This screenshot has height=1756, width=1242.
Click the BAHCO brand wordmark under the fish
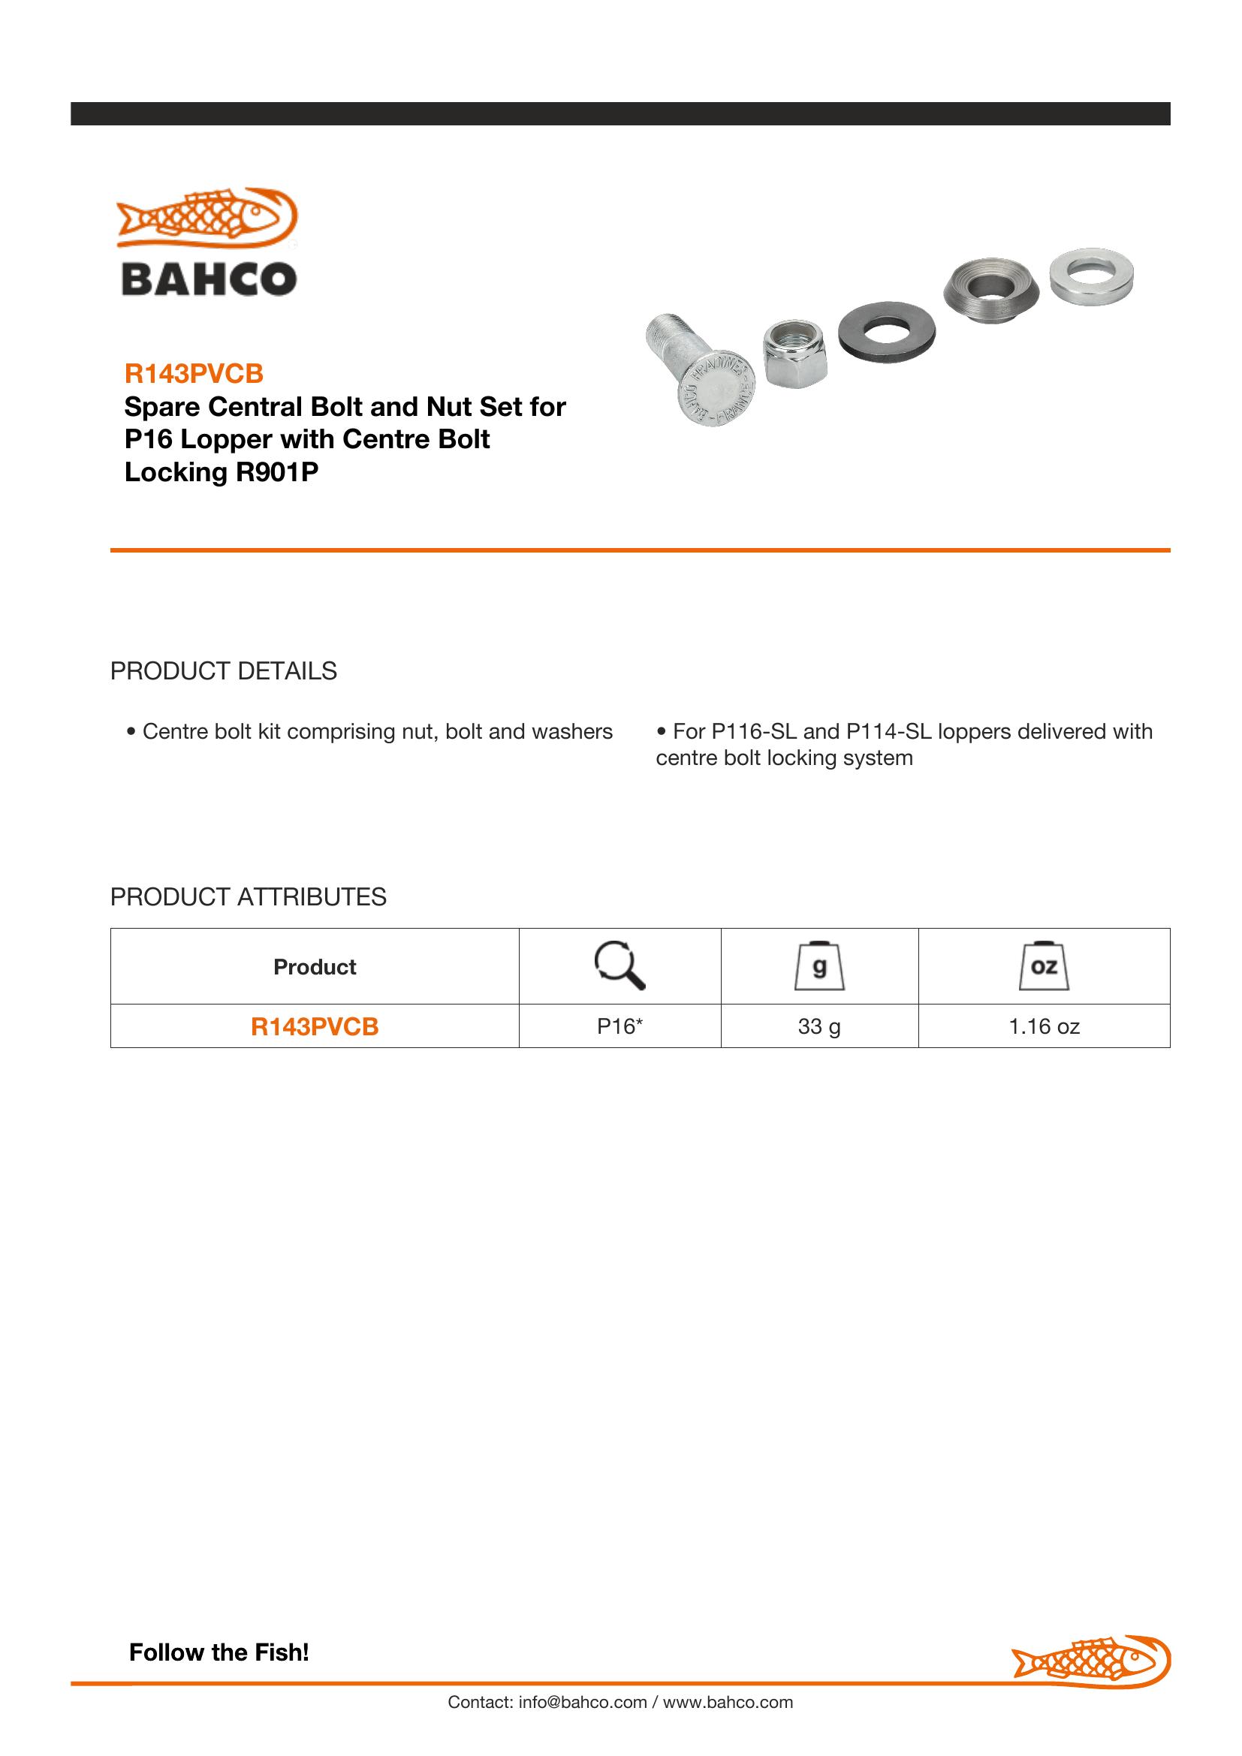[209, 279]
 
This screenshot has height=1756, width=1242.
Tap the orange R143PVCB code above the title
[194, 373]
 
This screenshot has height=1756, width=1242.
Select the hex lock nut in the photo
[794, 354]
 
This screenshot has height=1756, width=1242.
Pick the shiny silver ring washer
[1090, 276]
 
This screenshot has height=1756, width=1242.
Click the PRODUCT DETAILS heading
[223, 670]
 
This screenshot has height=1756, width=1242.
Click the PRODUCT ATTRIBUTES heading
[248, 896]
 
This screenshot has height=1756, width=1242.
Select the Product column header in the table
[315, 967]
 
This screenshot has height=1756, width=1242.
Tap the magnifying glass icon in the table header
[619, 966]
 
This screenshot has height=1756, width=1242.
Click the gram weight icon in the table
[819, 967]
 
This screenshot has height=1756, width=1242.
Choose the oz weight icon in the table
[1044, 967]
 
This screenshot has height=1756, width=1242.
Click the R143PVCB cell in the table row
[315, 1026]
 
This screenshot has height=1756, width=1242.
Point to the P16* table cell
[619, 1026]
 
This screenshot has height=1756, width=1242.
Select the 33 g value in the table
[819, 1026]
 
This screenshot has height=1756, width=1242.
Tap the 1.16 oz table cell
[1044, 1026]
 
